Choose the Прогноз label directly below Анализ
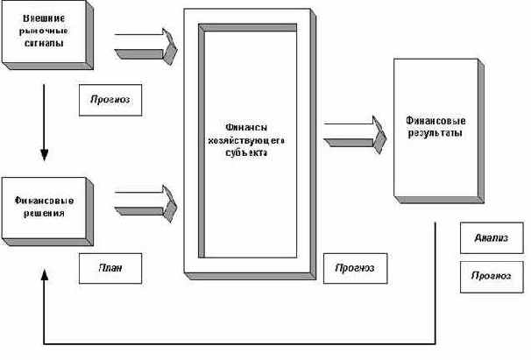[491, 275]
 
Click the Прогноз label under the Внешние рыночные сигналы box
[110, 100]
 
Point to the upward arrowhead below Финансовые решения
[43, 273]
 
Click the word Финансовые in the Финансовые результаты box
[435, 120]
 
